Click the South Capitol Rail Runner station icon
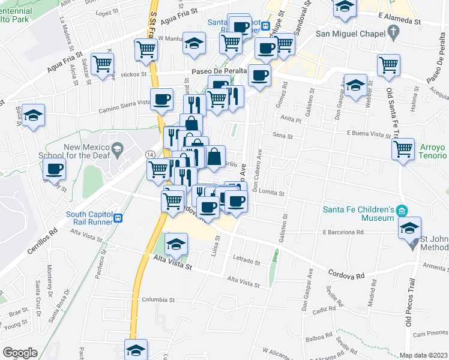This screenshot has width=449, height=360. (x=119, y=218)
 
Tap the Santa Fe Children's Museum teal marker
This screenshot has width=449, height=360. (x=402, y=211)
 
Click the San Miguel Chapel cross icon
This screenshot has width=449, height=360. (x=393, y=31)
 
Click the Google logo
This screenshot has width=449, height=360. (x=20, y=353)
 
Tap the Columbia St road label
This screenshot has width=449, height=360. (x=157, y=299)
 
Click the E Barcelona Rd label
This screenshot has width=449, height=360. (x=343, y=232)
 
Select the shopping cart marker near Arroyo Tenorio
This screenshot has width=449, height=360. (x=403, y=148)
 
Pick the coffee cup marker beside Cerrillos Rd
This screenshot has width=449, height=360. (x=54, y=169)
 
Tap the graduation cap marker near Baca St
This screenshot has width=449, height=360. (x=34, y=114)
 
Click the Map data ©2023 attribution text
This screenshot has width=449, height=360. (x=423, y=355)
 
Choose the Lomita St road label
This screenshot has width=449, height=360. (x=272, y=193)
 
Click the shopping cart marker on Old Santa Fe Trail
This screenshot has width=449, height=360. (x=388, y=64)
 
